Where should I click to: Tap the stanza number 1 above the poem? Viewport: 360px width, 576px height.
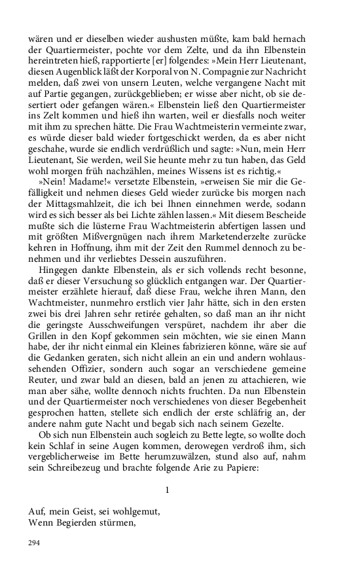[x=168, y=489]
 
